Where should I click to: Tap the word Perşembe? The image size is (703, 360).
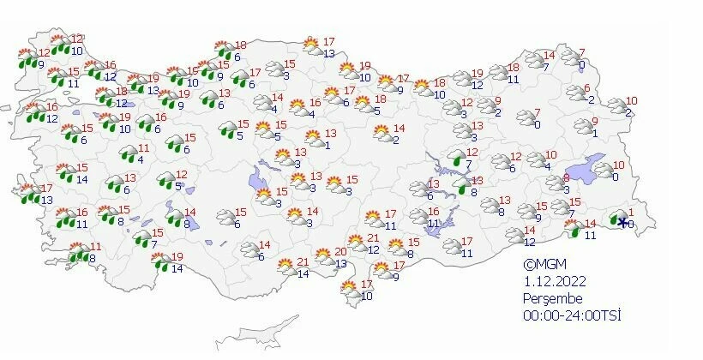(x=553, y=298)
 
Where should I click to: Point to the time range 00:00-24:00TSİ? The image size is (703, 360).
(x=573, y=315)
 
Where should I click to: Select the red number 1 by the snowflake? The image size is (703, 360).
(x=630, y=213)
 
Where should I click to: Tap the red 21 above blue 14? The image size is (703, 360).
(x=303, y=262)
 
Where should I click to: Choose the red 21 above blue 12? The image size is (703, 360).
(x=373, y=237)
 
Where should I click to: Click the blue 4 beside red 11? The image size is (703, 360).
(x=129, y=159)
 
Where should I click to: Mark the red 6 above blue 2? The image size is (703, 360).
(x=587, y=88)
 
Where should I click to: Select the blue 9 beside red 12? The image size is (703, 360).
(x=41, y=63)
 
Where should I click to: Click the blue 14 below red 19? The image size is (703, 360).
(x=177, y=268)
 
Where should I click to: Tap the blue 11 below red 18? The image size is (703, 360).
(x=513, y=80)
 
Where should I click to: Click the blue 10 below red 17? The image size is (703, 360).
(x=367, y=296)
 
